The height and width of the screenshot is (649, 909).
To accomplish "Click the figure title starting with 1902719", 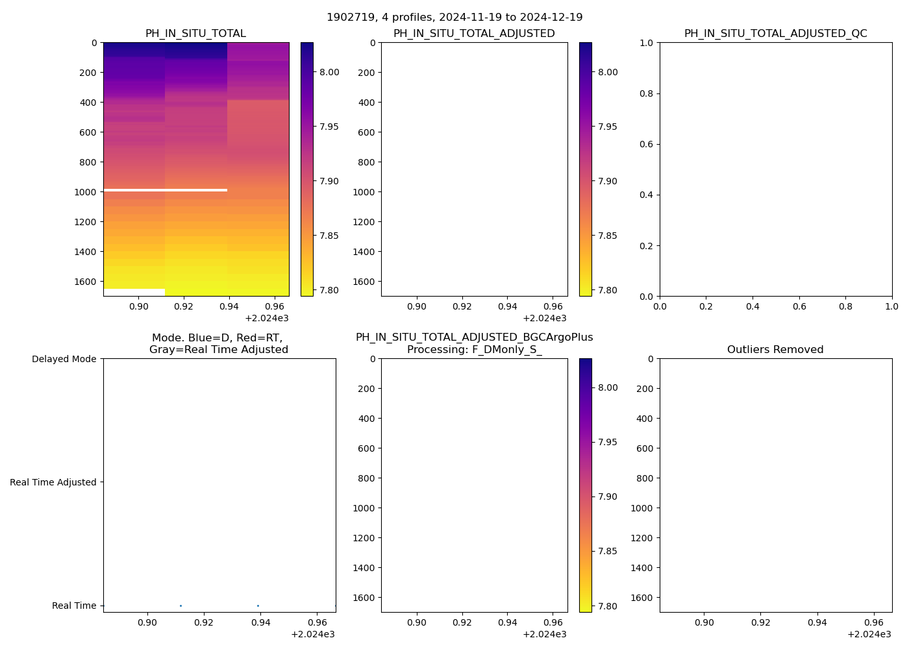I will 454,18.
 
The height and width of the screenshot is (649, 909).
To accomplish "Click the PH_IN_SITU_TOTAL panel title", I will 195,34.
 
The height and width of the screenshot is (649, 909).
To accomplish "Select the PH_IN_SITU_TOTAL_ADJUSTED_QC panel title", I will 775,34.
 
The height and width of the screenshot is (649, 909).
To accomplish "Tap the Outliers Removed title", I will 775,350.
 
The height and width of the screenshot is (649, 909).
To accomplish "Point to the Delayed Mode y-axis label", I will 64,359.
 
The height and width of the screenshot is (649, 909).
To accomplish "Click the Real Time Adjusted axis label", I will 53,482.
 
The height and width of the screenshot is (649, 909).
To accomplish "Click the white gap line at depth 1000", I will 165,190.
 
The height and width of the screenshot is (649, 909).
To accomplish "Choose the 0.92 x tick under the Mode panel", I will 204,622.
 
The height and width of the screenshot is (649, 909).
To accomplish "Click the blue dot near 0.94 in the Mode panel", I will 258,606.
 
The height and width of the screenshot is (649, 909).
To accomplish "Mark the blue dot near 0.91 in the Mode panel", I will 181,606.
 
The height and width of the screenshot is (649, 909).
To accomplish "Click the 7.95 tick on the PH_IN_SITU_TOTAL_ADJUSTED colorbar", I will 608,127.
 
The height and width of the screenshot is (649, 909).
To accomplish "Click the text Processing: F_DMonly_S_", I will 474,350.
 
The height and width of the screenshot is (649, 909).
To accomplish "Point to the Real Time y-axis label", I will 74,606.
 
